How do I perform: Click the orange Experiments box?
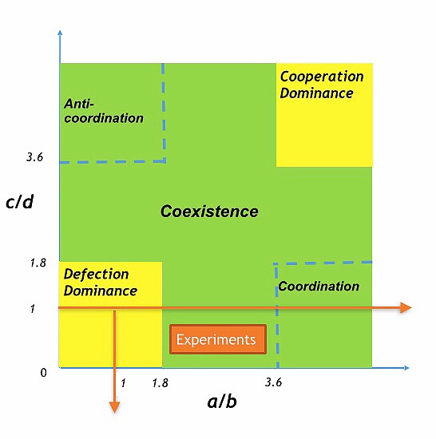(217, 339)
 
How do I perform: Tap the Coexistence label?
(209, 212)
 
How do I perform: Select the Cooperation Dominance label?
(321, 85)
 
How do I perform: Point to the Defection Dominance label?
(101, 283)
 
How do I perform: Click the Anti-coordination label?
(103, 111)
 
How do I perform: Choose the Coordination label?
(319, 287)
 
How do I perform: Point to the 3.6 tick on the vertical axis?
(34, 157)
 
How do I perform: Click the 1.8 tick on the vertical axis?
(38, 262)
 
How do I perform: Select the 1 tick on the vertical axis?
(32, 308)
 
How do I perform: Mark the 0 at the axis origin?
(44, 372)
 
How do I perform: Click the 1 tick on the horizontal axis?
(122, 382)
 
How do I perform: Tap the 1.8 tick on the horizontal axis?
(160, 383)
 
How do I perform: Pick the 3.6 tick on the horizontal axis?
(273, 382)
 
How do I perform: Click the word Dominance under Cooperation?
(316, 93)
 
